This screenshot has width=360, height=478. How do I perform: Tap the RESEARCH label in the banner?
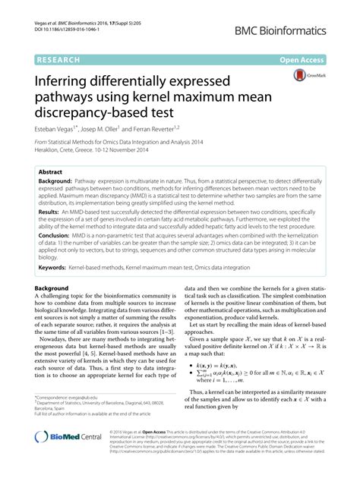pyautogui.click(x=59, y=58)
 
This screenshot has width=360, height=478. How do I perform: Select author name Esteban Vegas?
pyautogui.click(x=60, y=131)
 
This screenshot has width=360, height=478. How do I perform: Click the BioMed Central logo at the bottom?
pyautogui.click(x=69, y=456)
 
